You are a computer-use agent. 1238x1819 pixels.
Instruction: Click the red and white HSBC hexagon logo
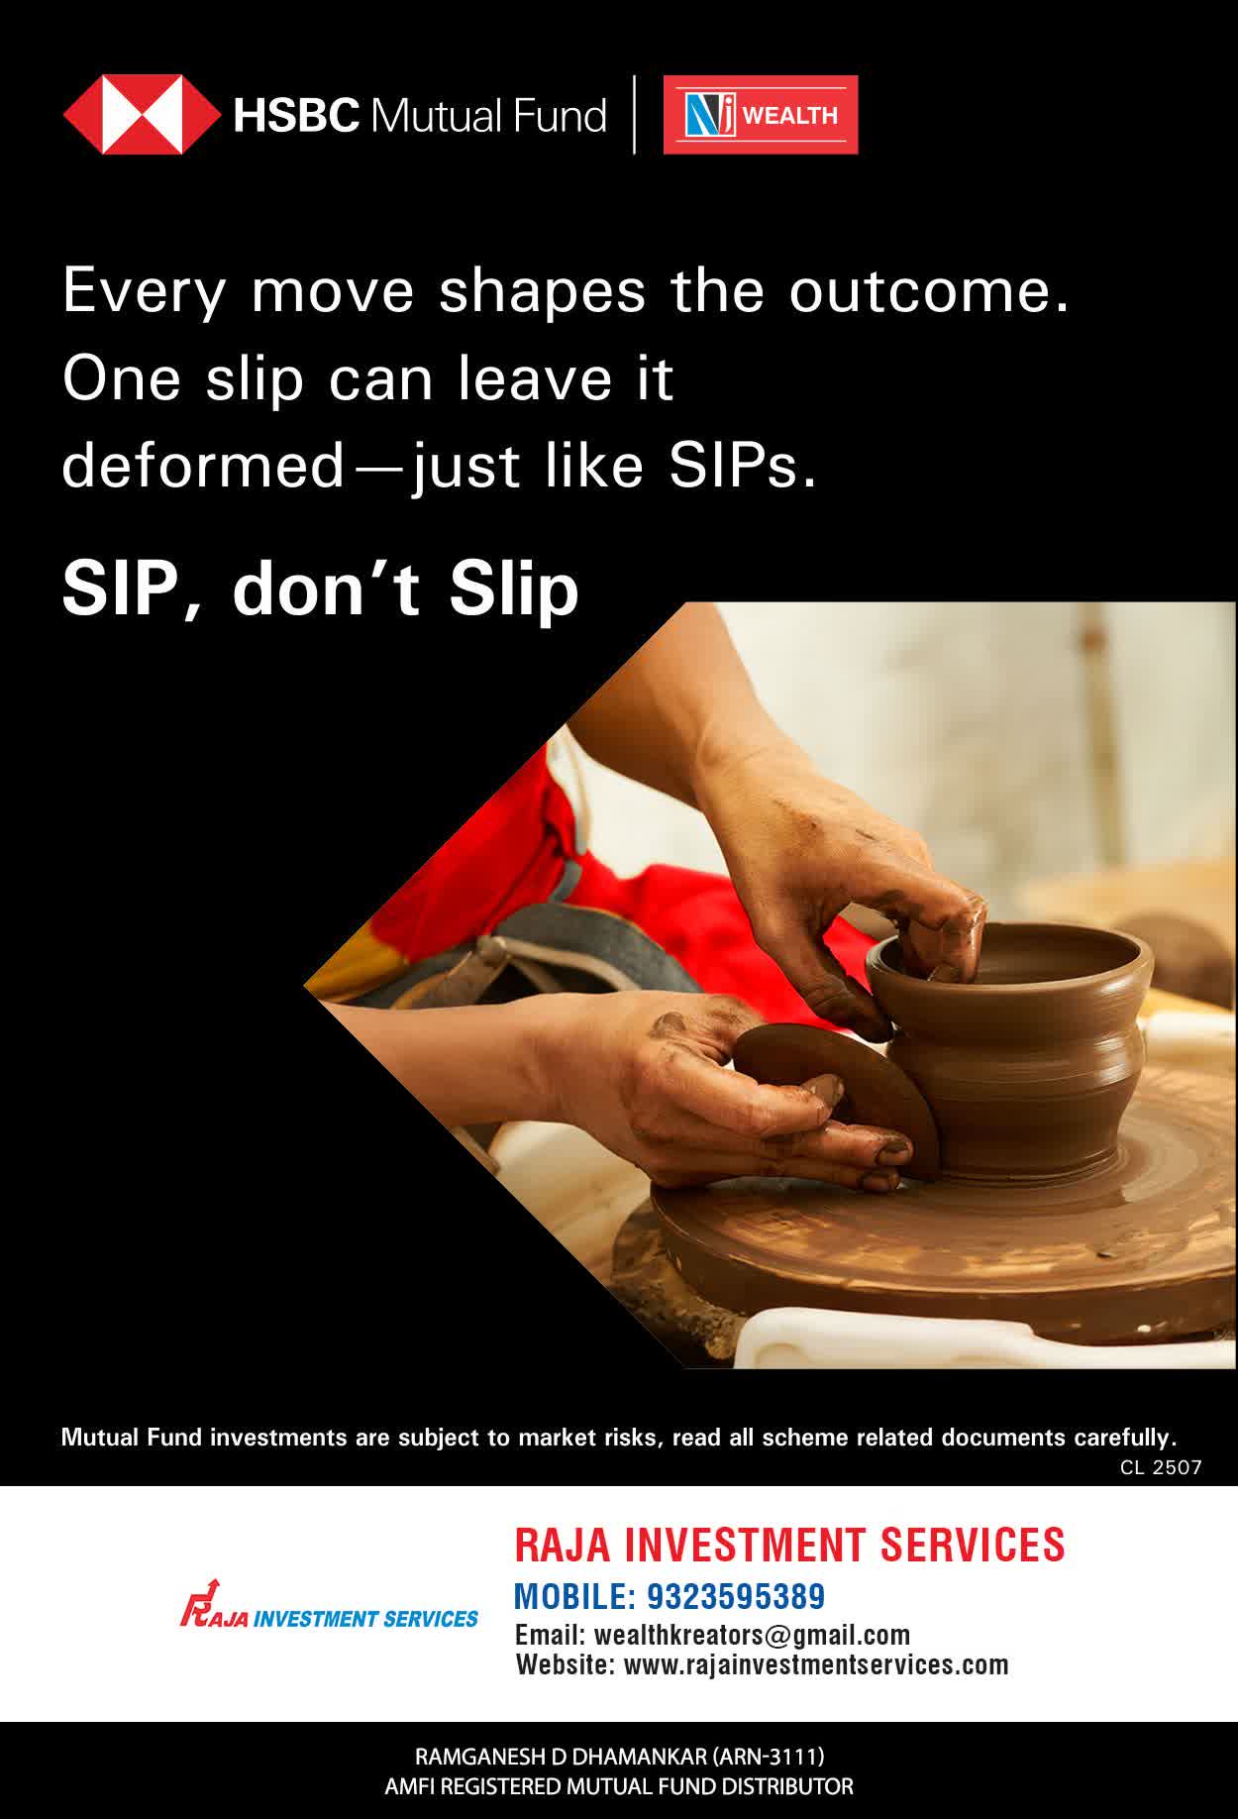[x=143, y=115]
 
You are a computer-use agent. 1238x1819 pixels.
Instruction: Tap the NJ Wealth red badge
[x=761, y=115]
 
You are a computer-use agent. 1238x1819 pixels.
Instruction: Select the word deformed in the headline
[x=202, y=465]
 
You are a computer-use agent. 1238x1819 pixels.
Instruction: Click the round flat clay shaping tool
[x=838, y=1100]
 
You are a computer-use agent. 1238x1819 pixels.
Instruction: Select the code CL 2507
[x=1161, y=1467]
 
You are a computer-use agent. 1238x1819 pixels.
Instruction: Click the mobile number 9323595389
[x=736, y=1596]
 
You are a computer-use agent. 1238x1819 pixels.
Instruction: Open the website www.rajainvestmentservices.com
[x=816, y=1664]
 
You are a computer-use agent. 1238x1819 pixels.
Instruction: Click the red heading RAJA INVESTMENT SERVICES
[x=789, y=1545]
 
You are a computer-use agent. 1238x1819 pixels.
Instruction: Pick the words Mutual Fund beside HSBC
[x=487, y=115]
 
